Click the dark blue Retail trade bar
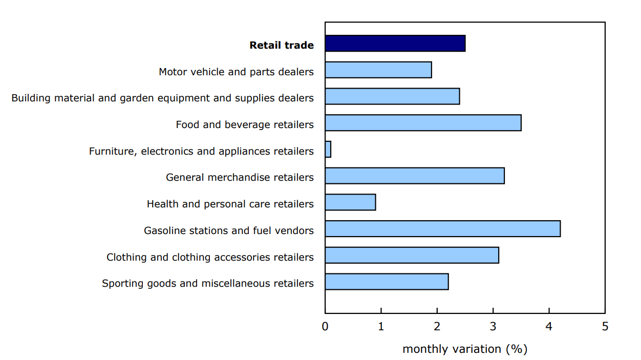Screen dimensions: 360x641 pos(395,44)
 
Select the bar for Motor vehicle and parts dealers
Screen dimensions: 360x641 pos(378,70)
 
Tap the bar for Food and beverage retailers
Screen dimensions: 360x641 pos(423,123)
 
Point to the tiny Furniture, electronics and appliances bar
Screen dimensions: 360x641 pos(328,150)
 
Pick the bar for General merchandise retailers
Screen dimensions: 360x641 pos(414,176)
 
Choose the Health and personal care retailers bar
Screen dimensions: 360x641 pos(350,202)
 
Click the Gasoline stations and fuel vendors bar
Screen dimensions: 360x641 pos(442,229)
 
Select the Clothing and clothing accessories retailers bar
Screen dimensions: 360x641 pos(412,255)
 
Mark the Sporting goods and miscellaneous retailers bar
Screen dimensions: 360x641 pos(387,282)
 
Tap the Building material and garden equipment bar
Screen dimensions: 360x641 pos(392,96)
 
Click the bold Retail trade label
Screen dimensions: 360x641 pos(282,45)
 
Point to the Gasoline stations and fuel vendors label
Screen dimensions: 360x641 pos(229,230)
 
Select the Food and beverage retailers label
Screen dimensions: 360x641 pos(245,124)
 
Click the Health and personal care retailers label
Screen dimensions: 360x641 pos(230,204)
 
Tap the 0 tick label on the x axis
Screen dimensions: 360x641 pos(325,326)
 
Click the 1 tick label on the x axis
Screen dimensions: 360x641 pos(381,326)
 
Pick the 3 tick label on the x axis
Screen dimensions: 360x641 pos(493,326)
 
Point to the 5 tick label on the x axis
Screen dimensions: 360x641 pos(605,326)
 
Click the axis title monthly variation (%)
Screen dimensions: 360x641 pos(465,349)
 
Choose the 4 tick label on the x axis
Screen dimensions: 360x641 pos(549,326)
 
